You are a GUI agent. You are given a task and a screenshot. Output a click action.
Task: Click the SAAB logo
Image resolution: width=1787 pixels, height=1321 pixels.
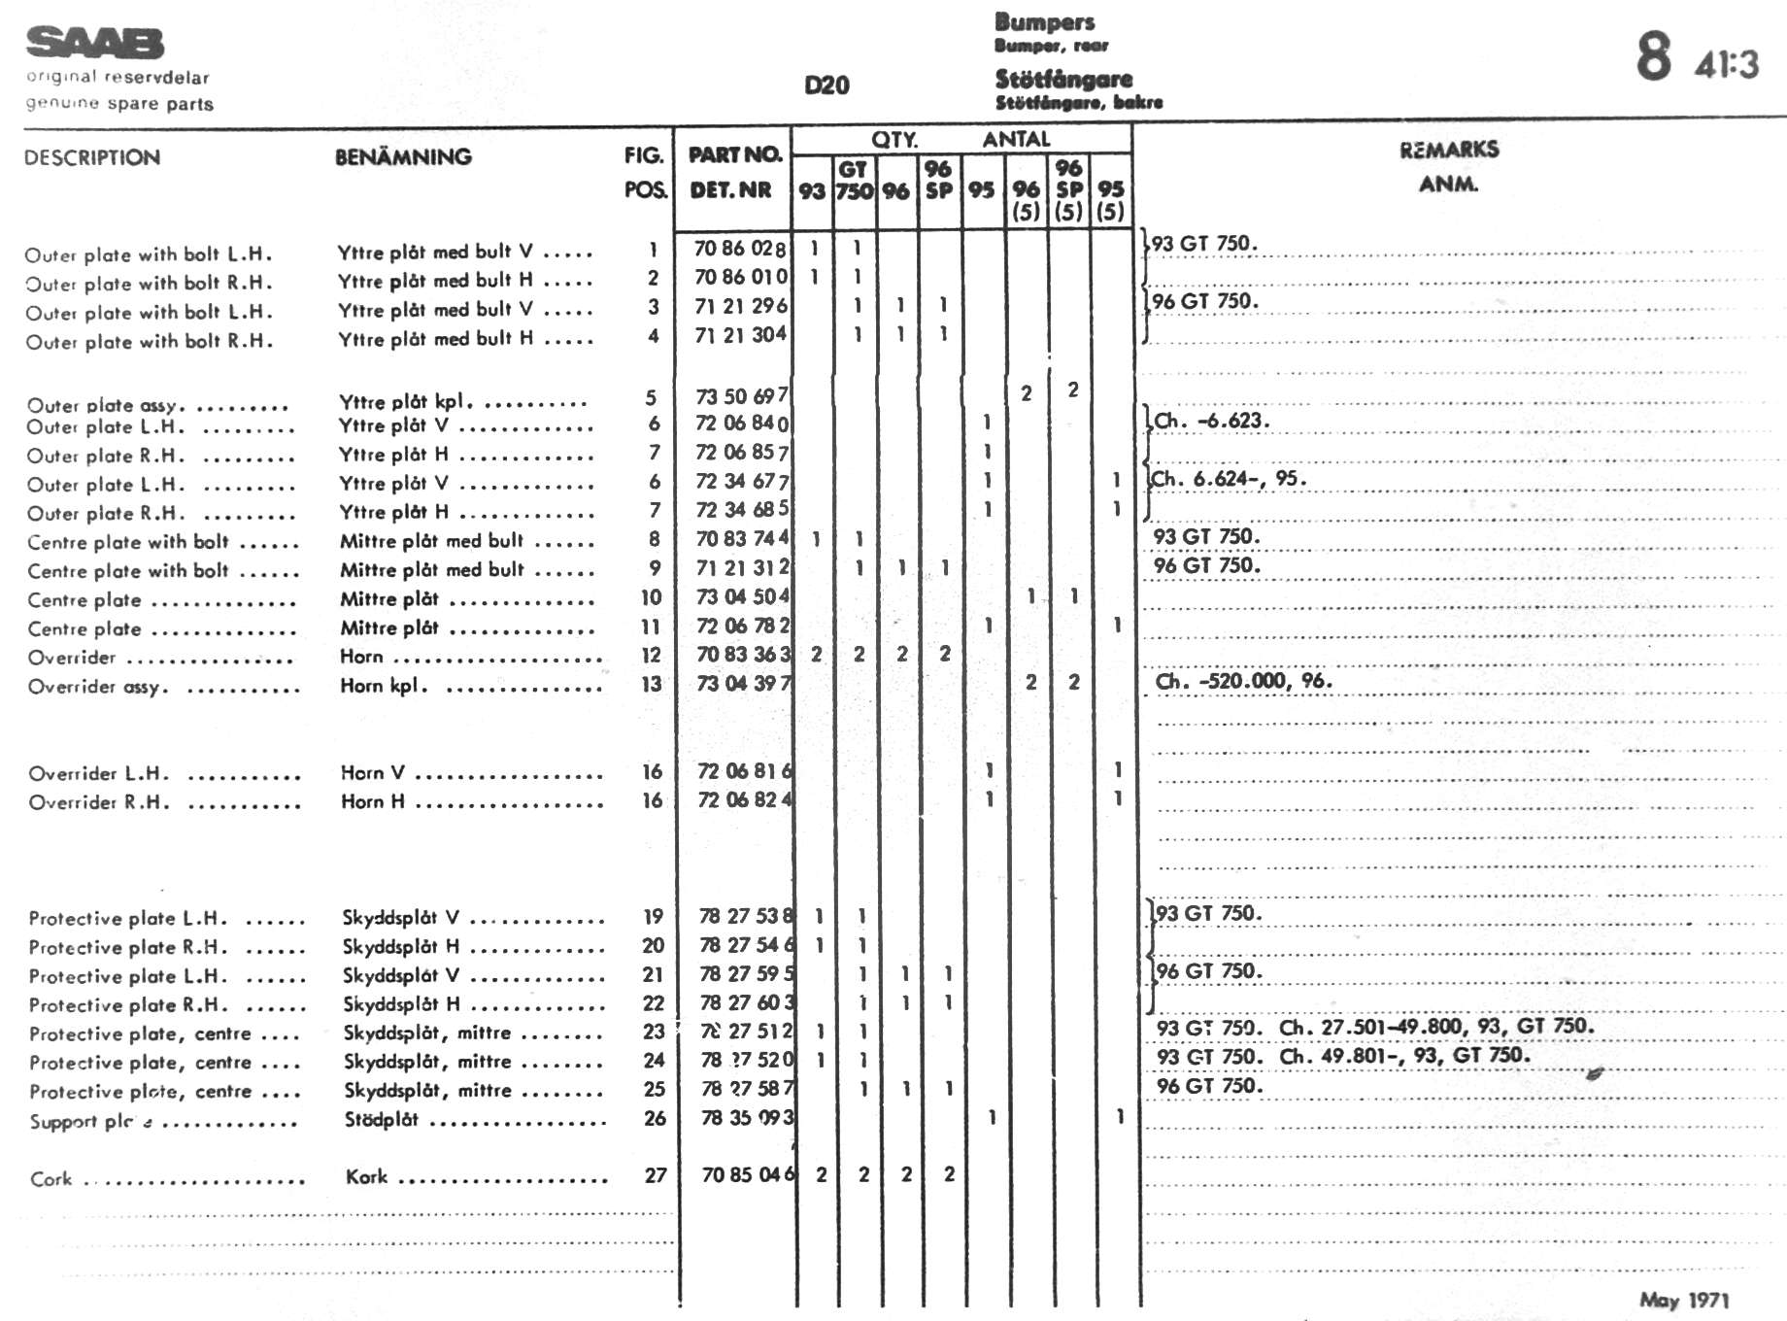coord(94,44)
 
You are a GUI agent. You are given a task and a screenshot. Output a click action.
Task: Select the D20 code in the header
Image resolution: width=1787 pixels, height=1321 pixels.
coord(826,85)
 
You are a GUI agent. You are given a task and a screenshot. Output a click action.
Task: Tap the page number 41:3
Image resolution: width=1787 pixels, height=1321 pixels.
coord(1726,64)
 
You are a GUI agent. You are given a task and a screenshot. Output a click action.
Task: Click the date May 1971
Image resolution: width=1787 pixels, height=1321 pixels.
coord(1684,1300)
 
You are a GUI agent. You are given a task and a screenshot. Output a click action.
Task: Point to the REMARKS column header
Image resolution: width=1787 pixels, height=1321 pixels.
coord(1448,150)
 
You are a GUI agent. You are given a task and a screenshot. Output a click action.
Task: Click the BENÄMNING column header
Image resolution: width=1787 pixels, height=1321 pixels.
coord(403,157)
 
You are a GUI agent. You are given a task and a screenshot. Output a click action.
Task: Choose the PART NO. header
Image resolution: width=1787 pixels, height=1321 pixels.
coord(734,155)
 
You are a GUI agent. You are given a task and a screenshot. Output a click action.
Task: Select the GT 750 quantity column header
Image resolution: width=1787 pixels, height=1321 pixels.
coord(854,181)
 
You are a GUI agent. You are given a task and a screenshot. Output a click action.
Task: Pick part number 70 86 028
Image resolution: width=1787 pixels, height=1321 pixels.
coord(740,249)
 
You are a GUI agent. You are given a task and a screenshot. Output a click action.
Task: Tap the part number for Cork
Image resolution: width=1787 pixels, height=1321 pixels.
coord(748,1174)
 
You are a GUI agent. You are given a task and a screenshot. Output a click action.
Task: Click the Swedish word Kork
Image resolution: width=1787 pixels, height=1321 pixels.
coord(366,1177)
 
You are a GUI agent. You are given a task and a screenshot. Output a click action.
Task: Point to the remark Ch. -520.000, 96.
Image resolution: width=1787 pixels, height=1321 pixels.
coord(1243,681)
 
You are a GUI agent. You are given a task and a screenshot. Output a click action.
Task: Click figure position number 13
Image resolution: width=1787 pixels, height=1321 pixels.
coord(652,684)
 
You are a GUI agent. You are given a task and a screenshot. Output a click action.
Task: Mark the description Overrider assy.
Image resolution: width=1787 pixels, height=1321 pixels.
coord(98,688)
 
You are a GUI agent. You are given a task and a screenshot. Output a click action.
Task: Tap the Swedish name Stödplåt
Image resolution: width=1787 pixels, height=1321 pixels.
coord(381,1120)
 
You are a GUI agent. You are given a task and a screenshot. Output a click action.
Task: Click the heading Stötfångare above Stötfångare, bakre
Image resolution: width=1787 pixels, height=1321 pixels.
coord(1063,79)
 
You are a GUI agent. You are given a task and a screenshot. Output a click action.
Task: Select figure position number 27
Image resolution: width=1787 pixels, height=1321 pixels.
coord(656,1175)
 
